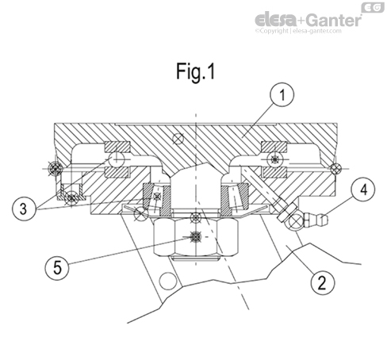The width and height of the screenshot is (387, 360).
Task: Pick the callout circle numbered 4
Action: point(360,190)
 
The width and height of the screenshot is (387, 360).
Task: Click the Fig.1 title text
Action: point(196,71)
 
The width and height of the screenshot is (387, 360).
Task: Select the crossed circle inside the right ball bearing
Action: point(275,159)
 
